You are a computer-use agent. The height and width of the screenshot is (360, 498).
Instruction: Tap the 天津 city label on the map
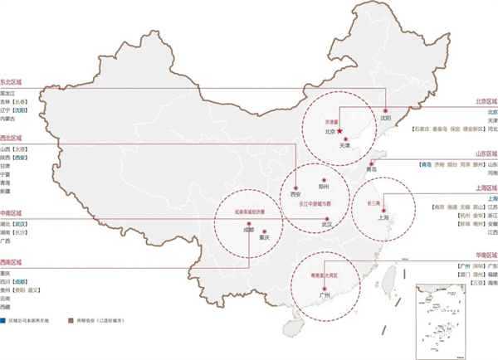(x=345, y=145)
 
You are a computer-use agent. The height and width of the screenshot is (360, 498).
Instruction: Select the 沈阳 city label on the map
(x=385, y=119)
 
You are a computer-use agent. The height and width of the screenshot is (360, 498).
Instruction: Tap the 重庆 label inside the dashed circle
(x=265, y=238)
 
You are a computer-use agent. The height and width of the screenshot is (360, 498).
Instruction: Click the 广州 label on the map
(x=325, y=294)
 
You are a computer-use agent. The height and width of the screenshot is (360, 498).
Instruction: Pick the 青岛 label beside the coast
(x=371, y=168)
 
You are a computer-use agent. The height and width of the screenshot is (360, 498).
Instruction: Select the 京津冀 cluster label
(x=330, y=121)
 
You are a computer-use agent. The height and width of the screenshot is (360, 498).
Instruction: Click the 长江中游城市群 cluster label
(x=316, y=202)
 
